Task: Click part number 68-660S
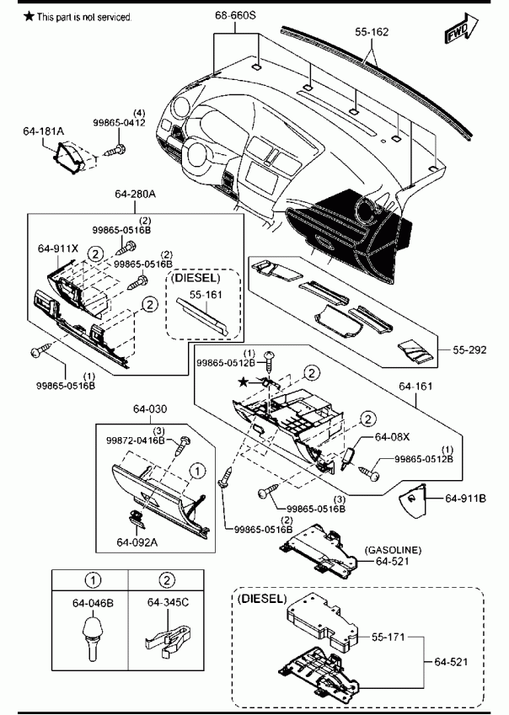(x=235, y=15)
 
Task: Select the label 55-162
(x=372, y=32)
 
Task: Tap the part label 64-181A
(x=43, y=131)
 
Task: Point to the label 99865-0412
(x=119, y=123)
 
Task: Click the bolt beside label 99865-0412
(x=115, y=150)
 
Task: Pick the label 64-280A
(x=135, y=194)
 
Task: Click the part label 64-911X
(x=58, y=248)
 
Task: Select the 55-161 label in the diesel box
(x=206, y=295)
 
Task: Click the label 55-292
(x=469, y=349)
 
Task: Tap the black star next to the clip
(x=245, y=382)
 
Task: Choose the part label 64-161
(x=415, y=387)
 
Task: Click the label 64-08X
(x=392, y=437)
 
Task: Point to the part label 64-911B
(x=465, y=499)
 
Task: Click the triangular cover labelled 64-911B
(x=412, y=501)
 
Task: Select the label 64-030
(x=150, y=409)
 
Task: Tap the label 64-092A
(x=137, y=542)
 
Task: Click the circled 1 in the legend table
(x=93, y=580)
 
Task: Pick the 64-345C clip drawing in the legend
(x=168, y=638)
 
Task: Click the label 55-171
(x=388, y=637)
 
